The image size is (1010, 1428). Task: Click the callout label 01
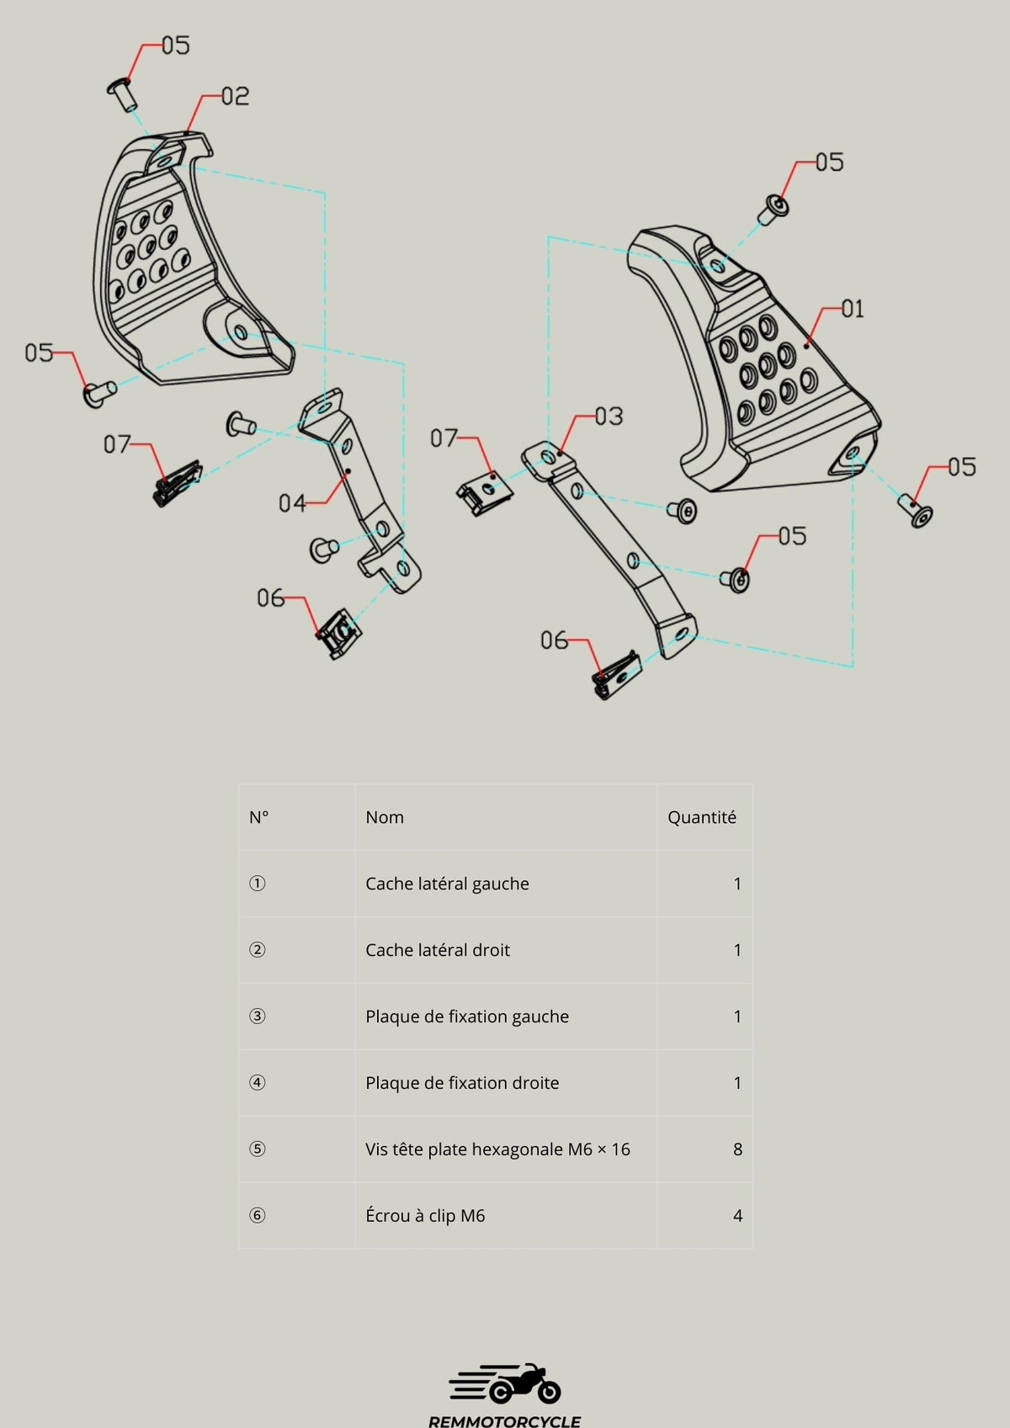coord(853,309)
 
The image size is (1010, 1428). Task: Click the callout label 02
coord(236,96)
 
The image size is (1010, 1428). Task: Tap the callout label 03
coord(609,416)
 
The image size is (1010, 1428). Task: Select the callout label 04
coord(292,503)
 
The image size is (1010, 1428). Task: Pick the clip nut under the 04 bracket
coord(337,635)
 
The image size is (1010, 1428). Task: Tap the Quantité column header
coord(701,817)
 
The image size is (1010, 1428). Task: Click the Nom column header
coord(385,817)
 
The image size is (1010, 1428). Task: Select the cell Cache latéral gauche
coord(447,884)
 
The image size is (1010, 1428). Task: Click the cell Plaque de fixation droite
coord(462,1083)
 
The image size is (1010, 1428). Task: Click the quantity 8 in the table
coord(737,1149)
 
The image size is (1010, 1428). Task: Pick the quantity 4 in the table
coord(737,1216)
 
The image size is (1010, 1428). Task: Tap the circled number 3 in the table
coord(258,1017)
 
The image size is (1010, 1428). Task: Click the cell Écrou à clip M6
coord(425,1216)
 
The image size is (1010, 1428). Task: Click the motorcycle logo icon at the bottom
coord(505,1384)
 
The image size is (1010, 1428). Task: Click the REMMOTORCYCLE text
coord(505,1420)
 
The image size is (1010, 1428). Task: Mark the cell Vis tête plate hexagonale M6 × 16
coord(497,1149)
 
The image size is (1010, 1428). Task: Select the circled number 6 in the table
coord(258,1216)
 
